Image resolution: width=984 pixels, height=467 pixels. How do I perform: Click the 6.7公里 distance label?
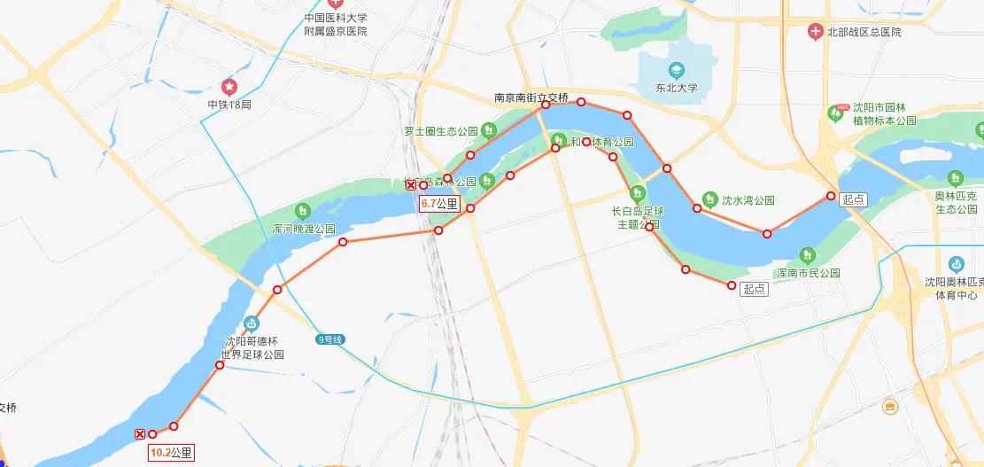439,203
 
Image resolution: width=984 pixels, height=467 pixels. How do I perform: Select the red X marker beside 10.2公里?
140,434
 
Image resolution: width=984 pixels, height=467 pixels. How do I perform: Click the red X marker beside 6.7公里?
410,185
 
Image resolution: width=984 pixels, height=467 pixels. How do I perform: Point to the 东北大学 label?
677,88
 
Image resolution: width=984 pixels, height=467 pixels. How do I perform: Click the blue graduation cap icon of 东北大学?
677,69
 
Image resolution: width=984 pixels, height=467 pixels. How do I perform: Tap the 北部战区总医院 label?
864,32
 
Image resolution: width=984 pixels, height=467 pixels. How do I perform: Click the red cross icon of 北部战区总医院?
815,32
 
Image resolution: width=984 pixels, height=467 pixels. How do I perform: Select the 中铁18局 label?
229,104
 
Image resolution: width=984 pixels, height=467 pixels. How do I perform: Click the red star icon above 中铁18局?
229,87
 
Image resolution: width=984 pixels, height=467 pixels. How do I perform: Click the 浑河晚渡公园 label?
303,229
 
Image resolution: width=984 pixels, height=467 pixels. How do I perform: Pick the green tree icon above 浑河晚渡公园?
303,210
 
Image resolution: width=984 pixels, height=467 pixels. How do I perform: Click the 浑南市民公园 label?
807,273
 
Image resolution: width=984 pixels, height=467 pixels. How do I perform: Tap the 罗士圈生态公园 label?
441,131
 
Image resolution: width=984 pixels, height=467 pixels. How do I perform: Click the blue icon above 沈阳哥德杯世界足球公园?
252,323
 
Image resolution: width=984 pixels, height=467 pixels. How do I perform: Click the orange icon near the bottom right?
889,407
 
